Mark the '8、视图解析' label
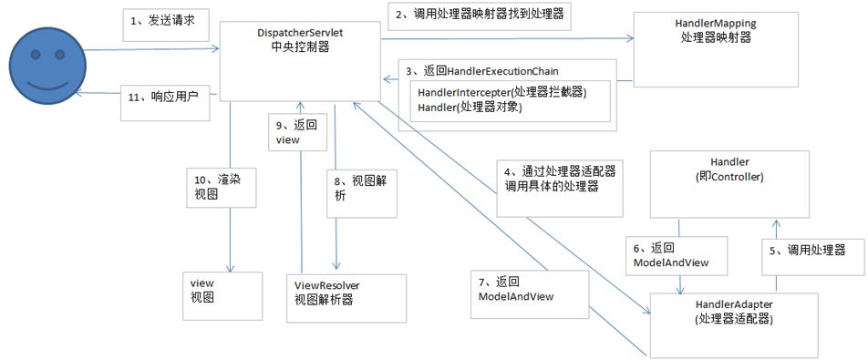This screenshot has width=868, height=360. tap(361, 188)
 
